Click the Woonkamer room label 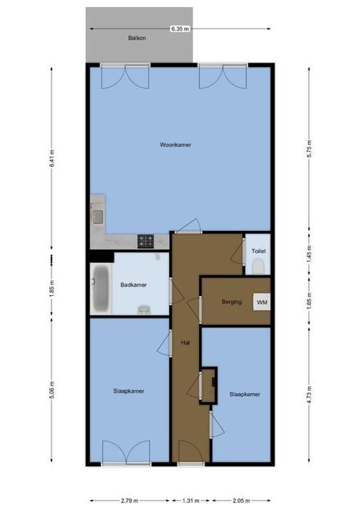tap(176, 145)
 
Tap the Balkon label tap(137, 38)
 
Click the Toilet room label tap(258, 251)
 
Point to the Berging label tap(232, 302)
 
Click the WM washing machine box tap(261, 302)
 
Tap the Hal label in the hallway tap(186, 342)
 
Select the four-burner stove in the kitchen tap(146, 241)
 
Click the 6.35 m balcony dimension tap(179, 29)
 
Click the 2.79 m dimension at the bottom tap(127, 499)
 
